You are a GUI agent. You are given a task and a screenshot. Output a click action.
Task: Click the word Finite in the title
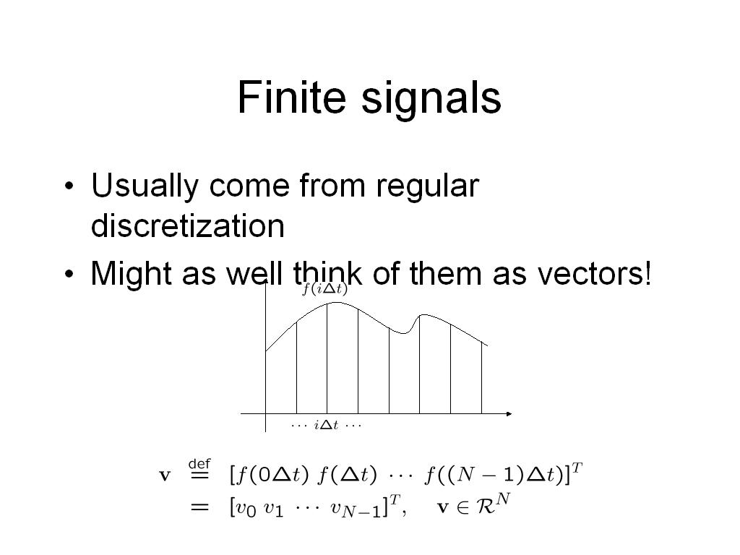pyautogui.click(x=292, y=97)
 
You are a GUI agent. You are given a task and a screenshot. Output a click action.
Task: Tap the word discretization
pyautogui.click(x=188, y=225)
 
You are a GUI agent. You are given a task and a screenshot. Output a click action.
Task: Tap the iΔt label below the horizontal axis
pyautogui.click(x=326, y=425)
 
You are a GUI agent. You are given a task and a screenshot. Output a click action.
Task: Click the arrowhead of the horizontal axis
pyautogui.click(x=509, y=414)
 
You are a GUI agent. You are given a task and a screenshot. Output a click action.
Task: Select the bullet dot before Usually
pyautogui.click(x=69, y=186)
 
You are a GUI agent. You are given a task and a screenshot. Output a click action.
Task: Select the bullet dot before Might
pyautogui.click(x=69, y=274)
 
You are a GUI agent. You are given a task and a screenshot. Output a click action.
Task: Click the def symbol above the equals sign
pyautogui.click(x=199, y=463)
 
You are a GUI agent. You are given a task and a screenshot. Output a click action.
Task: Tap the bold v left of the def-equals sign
pyautogui.click(x=164, y=476)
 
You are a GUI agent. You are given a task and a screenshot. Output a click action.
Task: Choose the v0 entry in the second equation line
pyautogui.click(x=246, y=509)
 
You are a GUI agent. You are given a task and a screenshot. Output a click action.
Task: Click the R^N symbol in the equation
pyautogui.click(x=492, y=504)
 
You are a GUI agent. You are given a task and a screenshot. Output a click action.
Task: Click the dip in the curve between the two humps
pyautogui.click(x=403, y=333)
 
